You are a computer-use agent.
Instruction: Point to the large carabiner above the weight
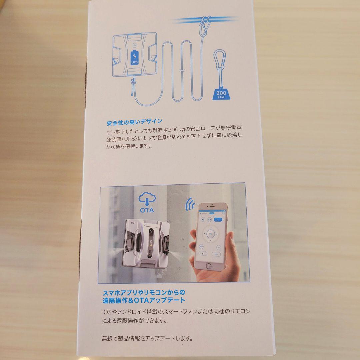coord(220,62)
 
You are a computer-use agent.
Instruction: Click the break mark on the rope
coord(180,71)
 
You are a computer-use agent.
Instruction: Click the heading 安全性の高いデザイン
coord(134,121)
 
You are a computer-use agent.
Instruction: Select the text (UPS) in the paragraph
coord(126,138)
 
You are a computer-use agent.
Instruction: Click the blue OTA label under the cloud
coord(147,210)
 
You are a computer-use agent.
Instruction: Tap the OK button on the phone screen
coord(210,234)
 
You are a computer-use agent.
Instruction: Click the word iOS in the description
coord(108,311)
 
